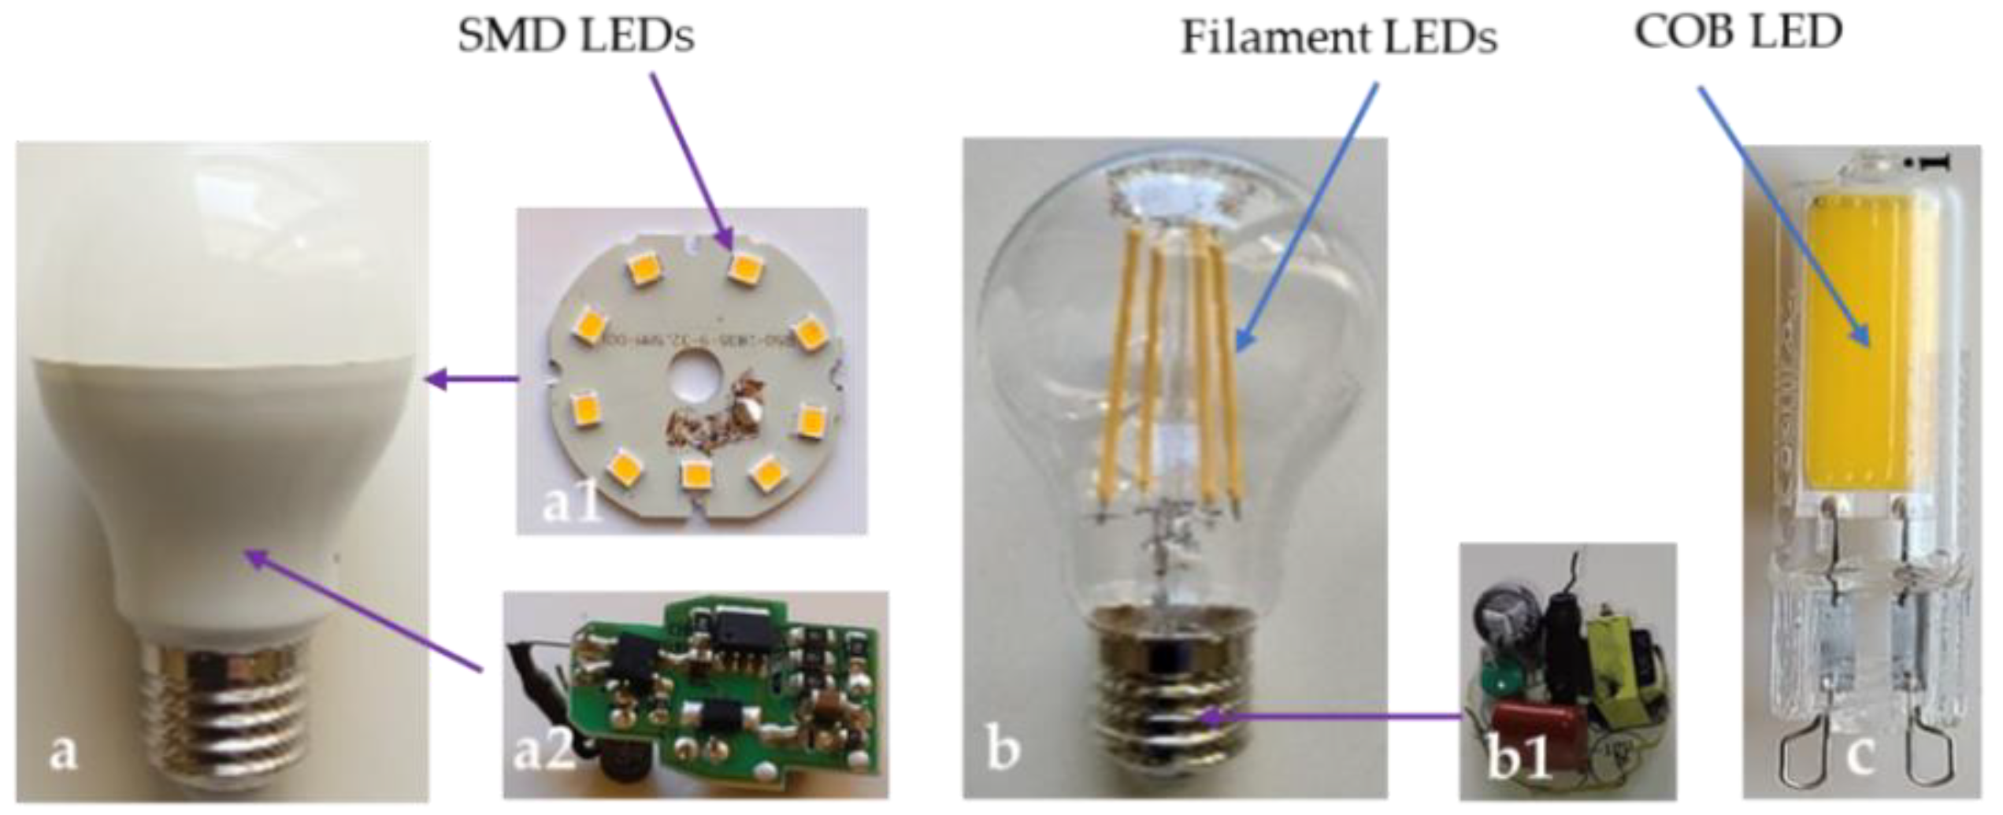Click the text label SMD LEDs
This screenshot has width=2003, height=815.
click(x=576, y=36)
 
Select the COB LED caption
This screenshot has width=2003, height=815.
click(x=1738, y=33)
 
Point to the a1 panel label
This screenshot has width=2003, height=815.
click(x=573, y=504)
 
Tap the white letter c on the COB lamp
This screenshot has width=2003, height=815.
click(x=1860, y=754)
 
